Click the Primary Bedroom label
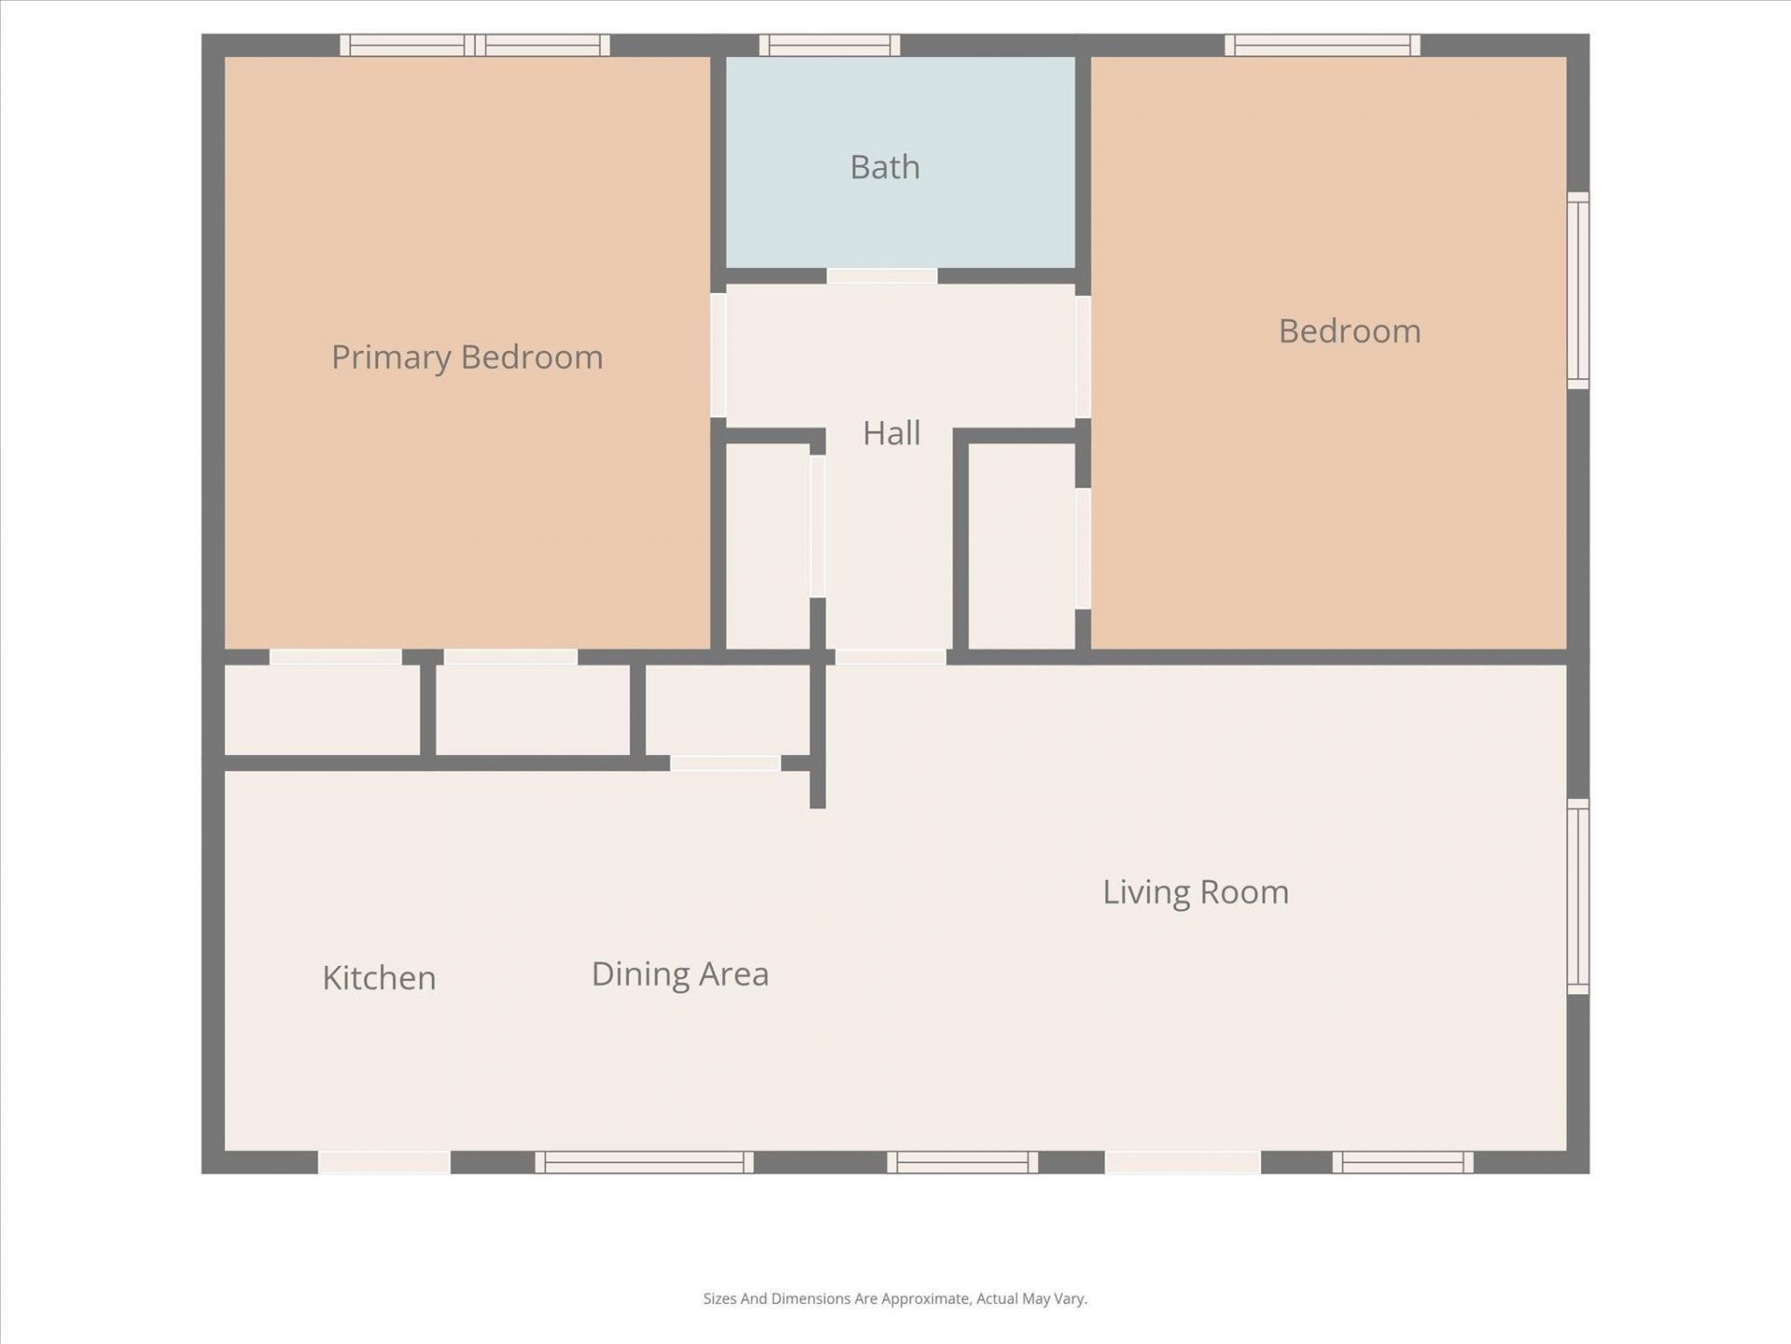point(467,357)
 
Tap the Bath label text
point(884,168)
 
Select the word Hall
point(891,433)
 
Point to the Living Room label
point(1195,892)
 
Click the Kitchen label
point(379,978)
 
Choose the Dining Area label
point(680,974)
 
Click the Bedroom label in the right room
point(1349,331)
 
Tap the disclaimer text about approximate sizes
point(895,1298)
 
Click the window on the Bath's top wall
point(829,45)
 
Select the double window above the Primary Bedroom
point(475,45)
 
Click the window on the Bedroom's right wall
point(1577,290)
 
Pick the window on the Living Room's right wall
point(1577,896)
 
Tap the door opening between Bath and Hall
point(882,276)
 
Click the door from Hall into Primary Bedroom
point(718,356)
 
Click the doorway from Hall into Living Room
point(890,657)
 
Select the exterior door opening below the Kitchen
point(384,1162)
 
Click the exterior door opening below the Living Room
point(1183,1162)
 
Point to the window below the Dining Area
point(644,1162)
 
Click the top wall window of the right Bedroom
point(1322,45)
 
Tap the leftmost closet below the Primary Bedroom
point(322,709)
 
